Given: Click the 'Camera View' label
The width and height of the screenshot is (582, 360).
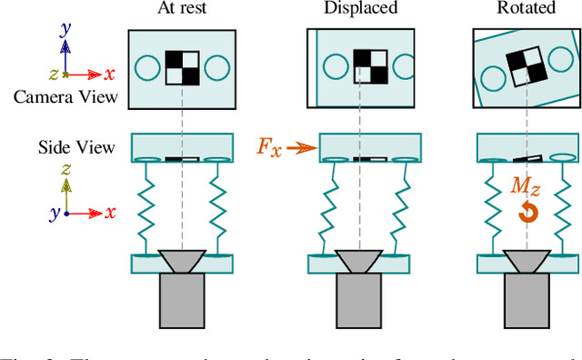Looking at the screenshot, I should [65, 97].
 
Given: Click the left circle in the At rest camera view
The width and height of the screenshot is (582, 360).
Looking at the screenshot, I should [147, 67].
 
